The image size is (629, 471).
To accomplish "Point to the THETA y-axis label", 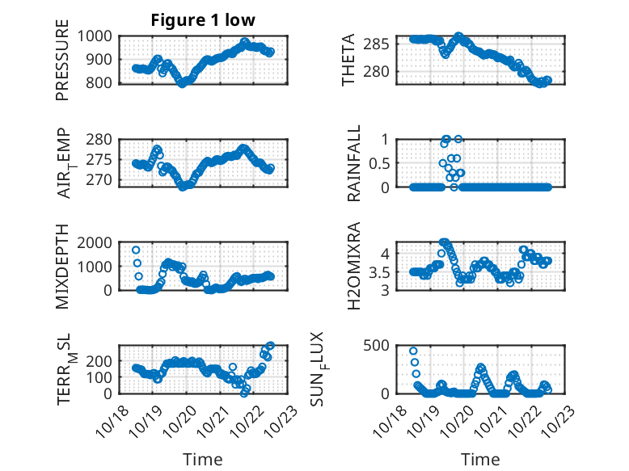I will (x=348, y=60).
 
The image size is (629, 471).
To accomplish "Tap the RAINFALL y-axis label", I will (x=353, y=162).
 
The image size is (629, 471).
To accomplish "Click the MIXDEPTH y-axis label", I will (x=62, y=267).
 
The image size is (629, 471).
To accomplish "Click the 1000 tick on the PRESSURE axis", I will (x=97, y=36).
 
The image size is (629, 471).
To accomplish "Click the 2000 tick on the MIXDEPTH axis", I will (x=97, y=242).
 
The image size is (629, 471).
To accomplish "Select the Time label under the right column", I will (x=480, y=459).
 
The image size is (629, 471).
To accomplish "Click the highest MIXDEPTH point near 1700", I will (x=136, y=250).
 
